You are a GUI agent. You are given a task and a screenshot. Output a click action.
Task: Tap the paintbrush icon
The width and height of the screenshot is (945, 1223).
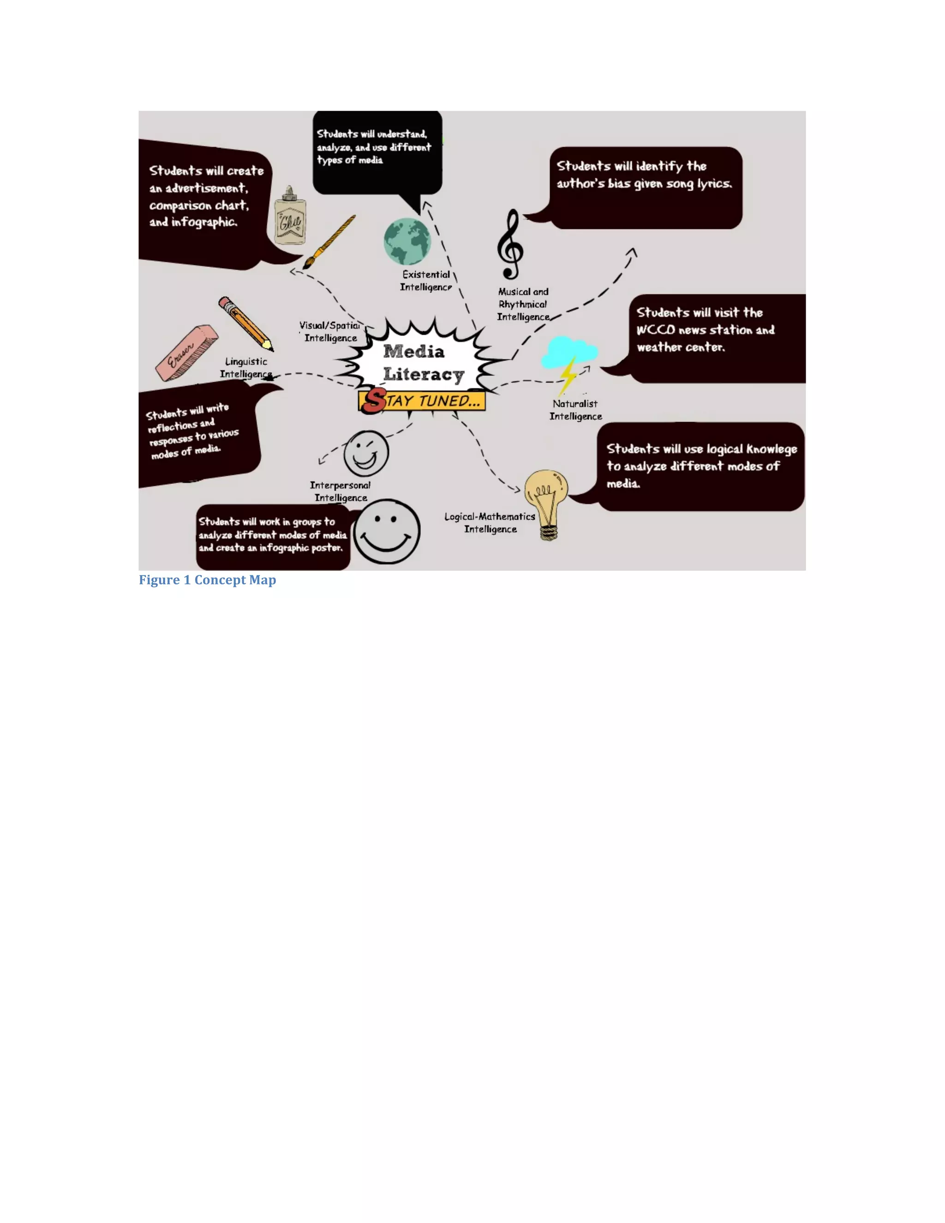point(329,242)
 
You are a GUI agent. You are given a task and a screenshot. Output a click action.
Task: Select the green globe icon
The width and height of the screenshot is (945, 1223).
point(407,241)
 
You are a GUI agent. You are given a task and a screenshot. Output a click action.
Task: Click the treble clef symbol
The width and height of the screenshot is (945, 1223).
point(511,245)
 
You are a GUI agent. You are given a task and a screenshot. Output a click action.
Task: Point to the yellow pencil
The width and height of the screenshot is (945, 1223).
point(245,323)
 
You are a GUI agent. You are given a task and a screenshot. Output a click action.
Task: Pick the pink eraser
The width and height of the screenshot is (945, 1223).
point(186,353)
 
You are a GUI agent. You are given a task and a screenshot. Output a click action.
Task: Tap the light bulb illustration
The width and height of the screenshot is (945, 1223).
point(546,502)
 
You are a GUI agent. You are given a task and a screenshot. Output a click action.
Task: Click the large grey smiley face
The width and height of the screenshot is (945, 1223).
point(386,531)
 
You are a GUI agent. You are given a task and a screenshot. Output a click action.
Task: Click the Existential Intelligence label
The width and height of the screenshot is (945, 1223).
point(426,281)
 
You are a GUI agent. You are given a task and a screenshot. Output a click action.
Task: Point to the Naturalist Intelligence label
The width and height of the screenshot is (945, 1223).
point(575,410)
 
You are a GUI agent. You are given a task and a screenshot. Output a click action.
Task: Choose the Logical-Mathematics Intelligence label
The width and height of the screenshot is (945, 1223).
point(490,522)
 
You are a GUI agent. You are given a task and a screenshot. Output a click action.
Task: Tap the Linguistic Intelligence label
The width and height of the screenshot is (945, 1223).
point(246,367)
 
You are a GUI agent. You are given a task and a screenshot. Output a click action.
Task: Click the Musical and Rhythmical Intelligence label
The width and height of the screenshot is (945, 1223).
point(523,304)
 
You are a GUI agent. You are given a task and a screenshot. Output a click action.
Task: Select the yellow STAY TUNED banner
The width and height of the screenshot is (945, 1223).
point(423,401)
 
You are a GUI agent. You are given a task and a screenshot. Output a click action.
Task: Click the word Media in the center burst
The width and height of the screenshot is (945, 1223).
point(414,351)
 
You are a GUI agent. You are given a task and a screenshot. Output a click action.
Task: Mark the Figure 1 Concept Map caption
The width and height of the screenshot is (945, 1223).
point(207,580)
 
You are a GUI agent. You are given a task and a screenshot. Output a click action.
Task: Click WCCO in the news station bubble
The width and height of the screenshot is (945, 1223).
point(656,330)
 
